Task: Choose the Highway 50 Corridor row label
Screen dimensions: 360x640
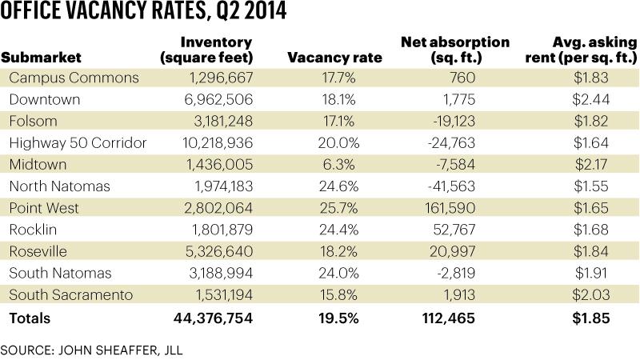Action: pos(78,142)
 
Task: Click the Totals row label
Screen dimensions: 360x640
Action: pos(30,318)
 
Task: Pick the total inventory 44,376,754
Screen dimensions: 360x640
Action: pos(213,318)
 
